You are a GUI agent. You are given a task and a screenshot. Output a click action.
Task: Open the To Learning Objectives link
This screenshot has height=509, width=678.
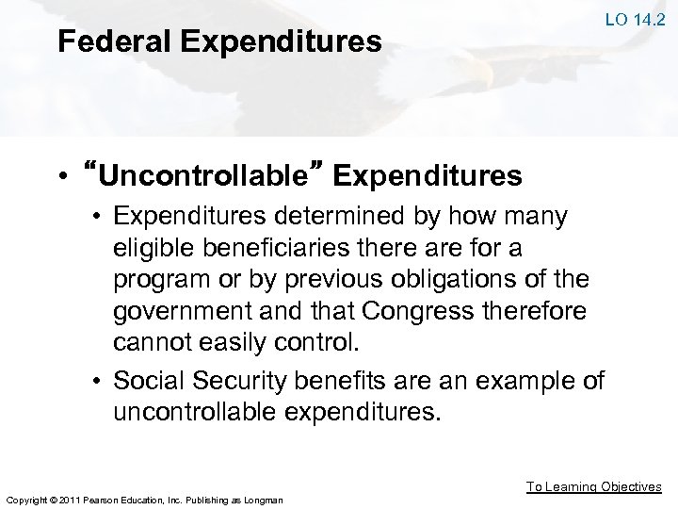pyautogui.click(x=593, y=486)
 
